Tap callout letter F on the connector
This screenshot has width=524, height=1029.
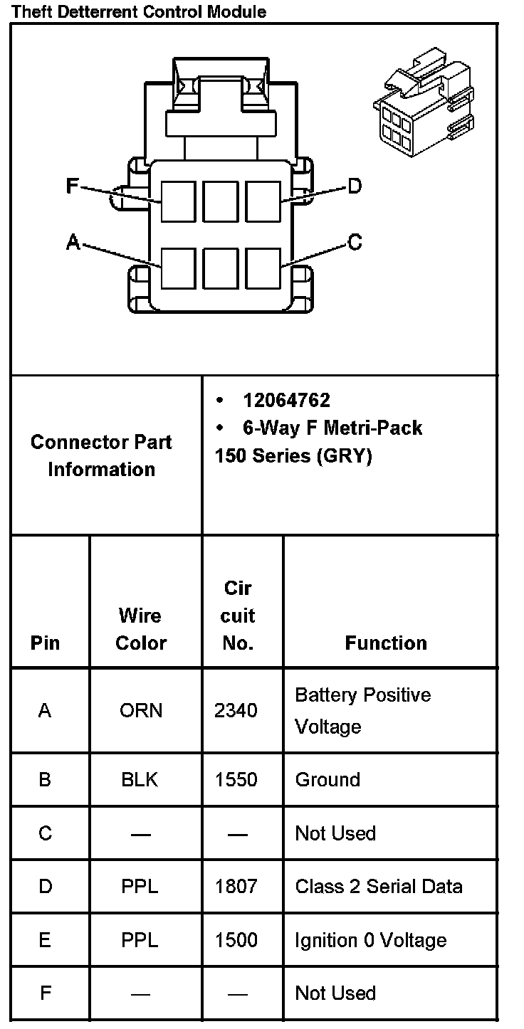click(72, 186)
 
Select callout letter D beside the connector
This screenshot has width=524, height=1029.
click(354, 186)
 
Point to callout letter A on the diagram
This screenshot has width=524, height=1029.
click(73, 243)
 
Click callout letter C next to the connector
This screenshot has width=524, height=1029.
click(354, 243)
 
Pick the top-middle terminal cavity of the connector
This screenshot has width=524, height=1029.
click(221, 201)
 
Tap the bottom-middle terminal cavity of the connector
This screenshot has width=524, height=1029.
click(221, 268)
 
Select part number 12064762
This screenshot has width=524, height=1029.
click(286, 400)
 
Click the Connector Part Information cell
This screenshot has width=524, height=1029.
click(101, 455)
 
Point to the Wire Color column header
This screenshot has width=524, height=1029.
click(141, 629)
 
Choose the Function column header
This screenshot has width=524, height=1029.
click(386, 643)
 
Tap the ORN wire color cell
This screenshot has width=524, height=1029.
click(141, 710)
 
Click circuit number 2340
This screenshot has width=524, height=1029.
click(236, 710)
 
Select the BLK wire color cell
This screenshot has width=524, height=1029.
click(140, 780)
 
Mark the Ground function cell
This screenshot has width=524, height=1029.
click(327, 780)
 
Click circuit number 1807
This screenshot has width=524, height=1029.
click(236, 887)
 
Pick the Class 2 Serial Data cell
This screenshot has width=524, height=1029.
click(379, 887)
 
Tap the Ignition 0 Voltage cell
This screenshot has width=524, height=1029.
click(370, 940)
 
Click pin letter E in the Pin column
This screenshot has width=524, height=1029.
click(45, 940)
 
